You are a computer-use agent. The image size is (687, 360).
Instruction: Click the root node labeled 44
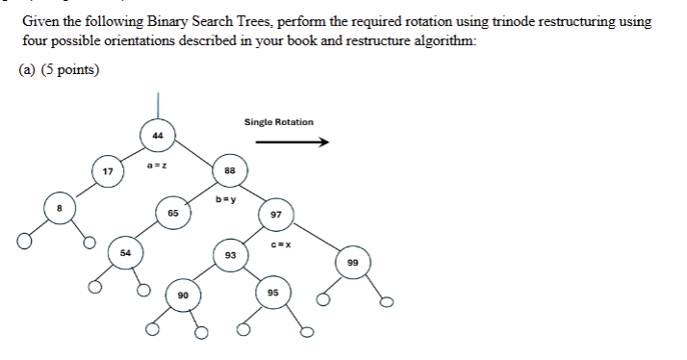[x=158, y=136]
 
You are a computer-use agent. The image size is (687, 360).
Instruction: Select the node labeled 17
[x=108, y=171]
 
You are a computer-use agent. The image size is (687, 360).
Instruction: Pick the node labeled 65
[x=173, y=213]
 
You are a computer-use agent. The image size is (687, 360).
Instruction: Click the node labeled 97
[x=276, y=215]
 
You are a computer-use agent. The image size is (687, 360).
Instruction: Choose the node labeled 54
[x=124, y=252]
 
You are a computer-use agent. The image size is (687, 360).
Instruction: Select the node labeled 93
[x=230, y=254]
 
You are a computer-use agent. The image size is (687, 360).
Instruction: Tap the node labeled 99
[x=352, y=262]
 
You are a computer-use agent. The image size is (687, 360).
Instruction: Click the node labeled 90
[x=183, y=294]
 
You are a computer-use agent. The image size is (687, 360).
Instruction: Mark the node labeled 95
[x=274, y=294]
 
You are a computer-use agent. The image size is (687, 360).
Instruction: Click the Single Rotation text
[x=278, y=122]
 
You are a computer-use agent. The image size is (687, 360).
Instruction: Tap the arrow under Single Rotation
[x=293, y=142]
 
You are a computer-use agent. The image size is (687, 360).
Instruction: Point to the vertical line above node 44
[x=158, y=104]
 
